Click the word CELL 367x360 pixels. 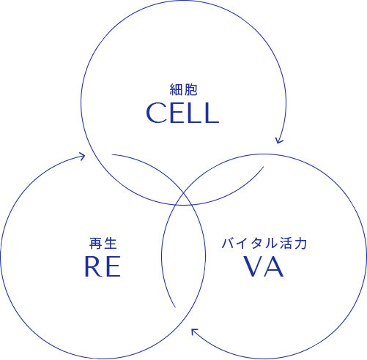click(x=182, y=113)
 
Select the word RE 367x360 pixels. click(x=103, y=266)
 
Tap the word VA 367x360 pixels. click(x=264, y=266)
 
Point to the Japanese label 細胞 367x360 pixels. click(x=183, y=89)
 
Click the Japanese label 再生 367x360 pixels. click(x=103, y=244)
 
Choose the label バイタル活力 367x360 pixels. click(x=264, y=244)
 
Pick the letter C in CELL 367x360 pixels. click(x=155, y=113)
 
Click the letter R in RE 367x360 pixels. click(x=92, y=266)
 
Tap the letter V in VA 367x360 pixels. click(x=253, y=266)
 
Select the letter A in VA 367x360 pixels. click(x=273, y=266)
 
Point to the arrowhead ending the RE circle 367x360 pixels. click(x=82, y=156)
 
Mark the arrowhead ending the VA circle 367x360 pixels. click(x=195, y=331)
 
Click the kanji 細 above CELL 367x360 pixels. click(x=176, y=89)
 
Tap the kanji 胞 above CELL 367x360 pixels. click(x=190, y=89)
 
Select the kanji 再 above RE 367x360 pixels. click(x=95, y=244)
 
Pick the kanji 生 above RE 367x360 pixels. click(x=111, y=244)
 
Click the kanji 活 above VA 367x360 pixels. click(x=286, y=244)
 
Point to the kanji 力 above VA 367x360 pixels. click(x=300, y=244)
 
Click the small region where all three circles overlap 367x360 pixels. click(x=183, y=200)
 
